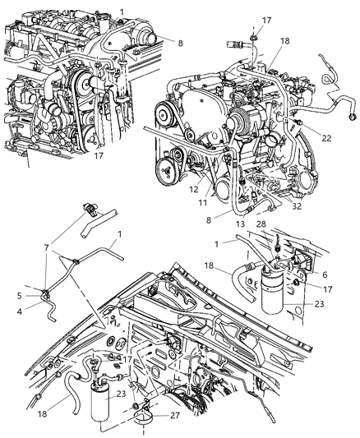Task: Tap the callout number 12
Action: (x=194, y=188)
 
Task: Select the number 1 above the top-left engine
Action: (x=122, y=9)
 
